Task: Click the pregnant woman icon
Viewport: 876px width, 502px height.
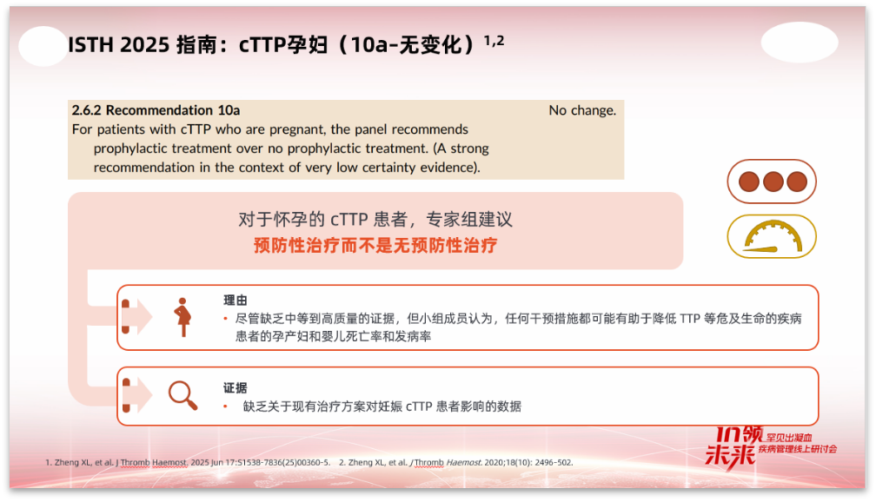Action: (x=182, y=317)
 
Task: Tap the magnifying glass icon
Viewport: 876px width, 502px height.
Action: (x=182, y=395)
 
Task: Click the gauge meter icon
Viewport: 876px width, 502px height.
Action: (x=771, y=236)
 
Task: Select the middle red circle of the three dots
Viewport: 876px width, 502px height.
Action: (x=772, y=182)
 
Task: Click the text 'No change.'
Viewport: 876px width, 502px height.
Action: (x=582, y=110)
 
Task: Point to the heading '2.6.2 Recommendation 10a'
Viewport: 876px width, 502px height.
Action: (x=156, y=110)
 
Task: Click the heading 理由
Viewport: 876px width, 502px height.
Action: (x=236, y=301)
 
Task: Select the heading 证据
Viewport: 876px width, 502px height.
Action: (x=236, y=388)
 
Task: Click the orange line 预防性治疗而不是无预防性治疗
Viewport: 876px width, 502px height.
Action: (x=375, y=245)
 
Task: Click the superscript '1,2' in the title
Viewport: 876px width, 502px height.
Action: (x=494, y=39)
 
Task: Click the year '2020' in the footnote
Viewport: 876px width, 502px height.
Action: (x=506, y=462)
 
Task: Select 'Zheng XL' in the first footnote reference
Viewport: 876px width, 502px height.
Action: (x=70, y=462)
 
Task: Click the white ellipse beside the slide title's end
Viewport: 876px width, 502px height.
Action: (x=799, y=42)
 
